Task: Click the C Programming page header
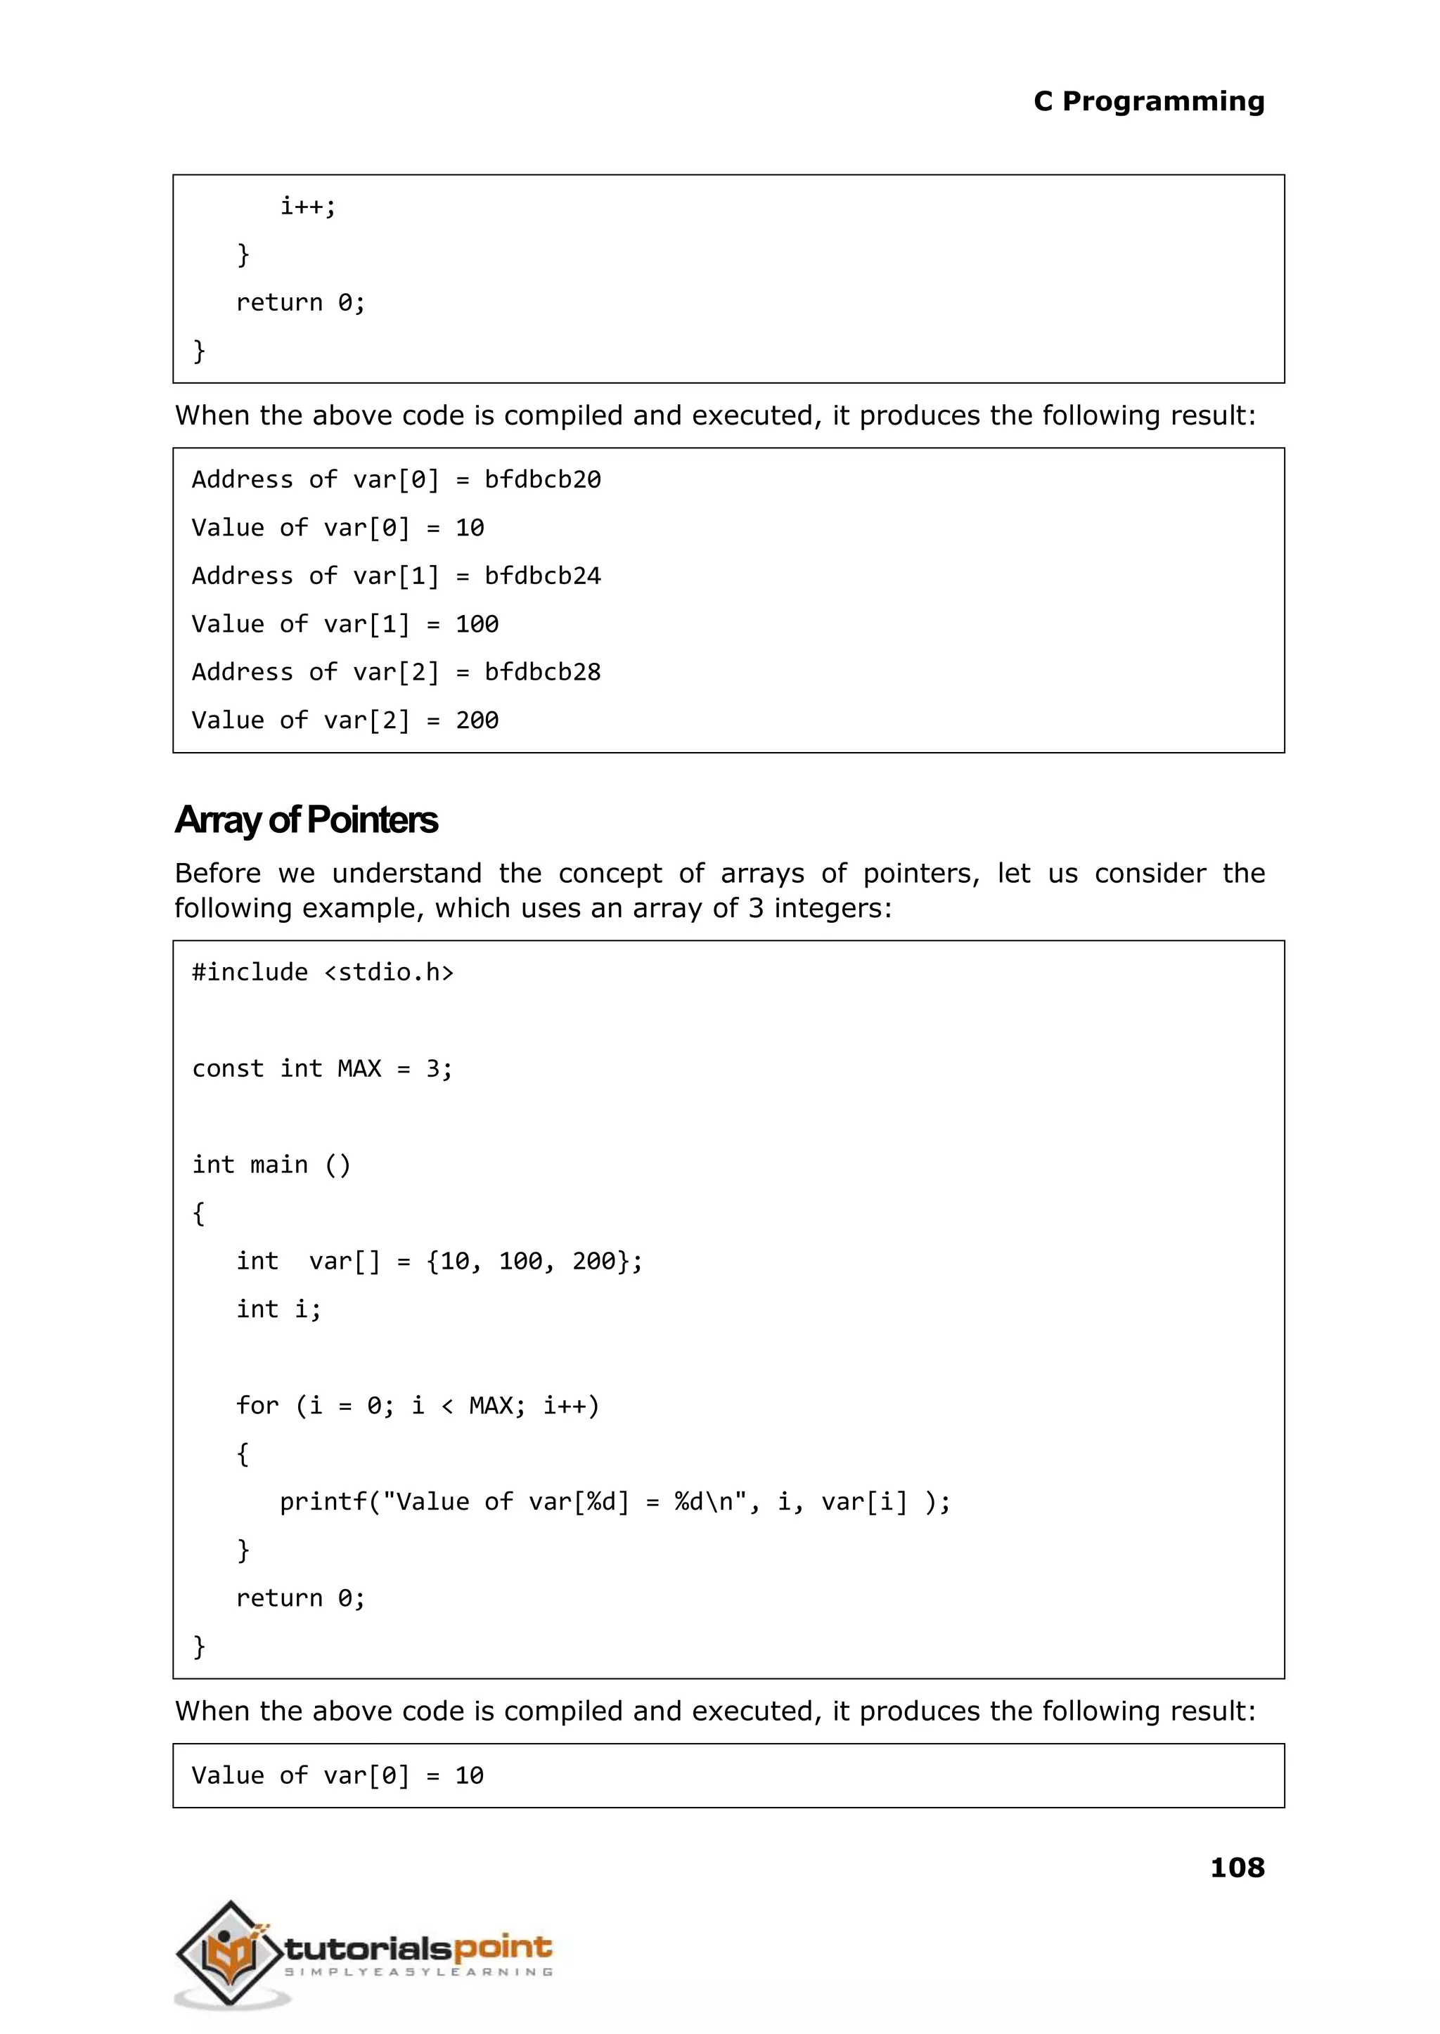point(1148,102)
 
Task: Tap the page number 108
point(1237,1868)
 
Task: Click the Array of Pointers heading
point(306,820)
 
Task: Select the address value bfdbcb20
point(543,479)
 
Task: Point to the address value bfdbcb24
point(543,576)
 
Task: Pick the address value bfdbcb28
point(543,672)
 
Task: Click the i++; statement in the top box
point(308,207)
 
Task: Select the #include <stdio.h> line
point(323,972)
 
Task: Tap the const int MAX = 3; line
point(323,1069)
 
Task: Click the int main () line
point(271,1165)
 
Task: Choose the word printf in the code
point(323,1501)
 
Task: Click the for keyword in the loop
point(257,1406)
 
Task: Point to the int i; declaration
point(278,1309)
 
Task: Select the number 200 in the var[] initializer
point(593,1261)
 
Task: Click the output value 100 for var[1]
point(477,624)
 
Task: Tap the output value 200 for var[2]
point(477,720)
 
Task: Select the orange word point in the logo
point(503,1948)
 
